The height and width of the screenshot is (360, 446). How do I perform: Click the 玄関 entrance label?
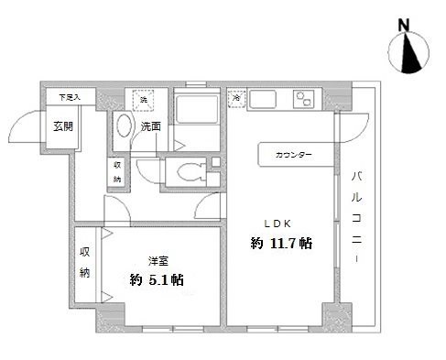(62, 127)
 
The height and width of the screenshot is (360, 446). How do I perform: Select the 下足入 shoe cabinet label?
(70, 96)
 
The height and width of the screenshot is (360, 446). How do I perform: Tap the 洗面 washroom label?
(153, 127)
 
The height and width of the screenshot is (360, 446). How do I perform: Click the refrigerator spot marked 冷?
(235, 96)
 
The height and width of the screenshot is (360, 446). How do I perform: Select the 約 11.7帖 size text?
(282, 245)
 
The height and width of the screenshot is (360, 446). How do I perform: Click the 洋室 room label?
(158, 260)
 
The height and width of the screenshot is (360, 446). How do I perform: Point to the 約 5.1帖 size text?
(157, 279)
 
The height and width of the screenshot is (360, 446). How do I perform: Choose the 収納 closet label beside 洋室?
(85, 262)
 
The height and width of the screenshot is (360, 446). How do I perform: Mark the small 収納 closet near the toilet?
(117, 172)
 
